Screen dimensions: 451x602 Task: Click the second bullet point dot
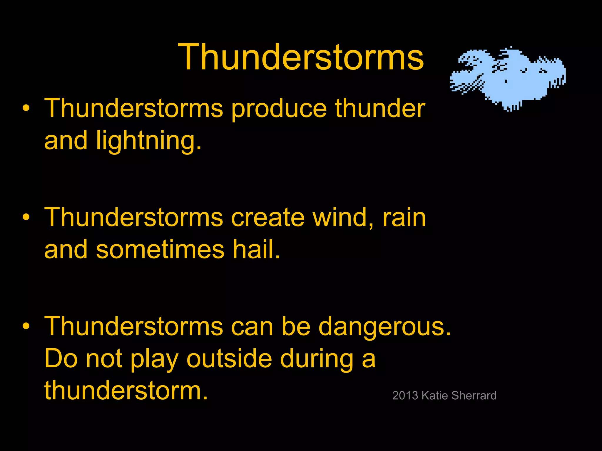click(x=26, y=217)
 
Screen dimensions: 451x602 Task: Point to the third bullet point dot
click(x=26, y=326)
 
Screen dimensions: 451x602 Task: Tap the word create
click(x=267, y=218)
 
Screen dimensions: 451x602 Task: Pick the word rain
click(x=404, y=218)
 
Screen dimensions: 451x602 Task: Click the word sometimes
click(x=160, y=250)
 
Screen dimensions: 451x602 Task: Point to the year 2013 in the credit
click(x=405, y=396)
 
